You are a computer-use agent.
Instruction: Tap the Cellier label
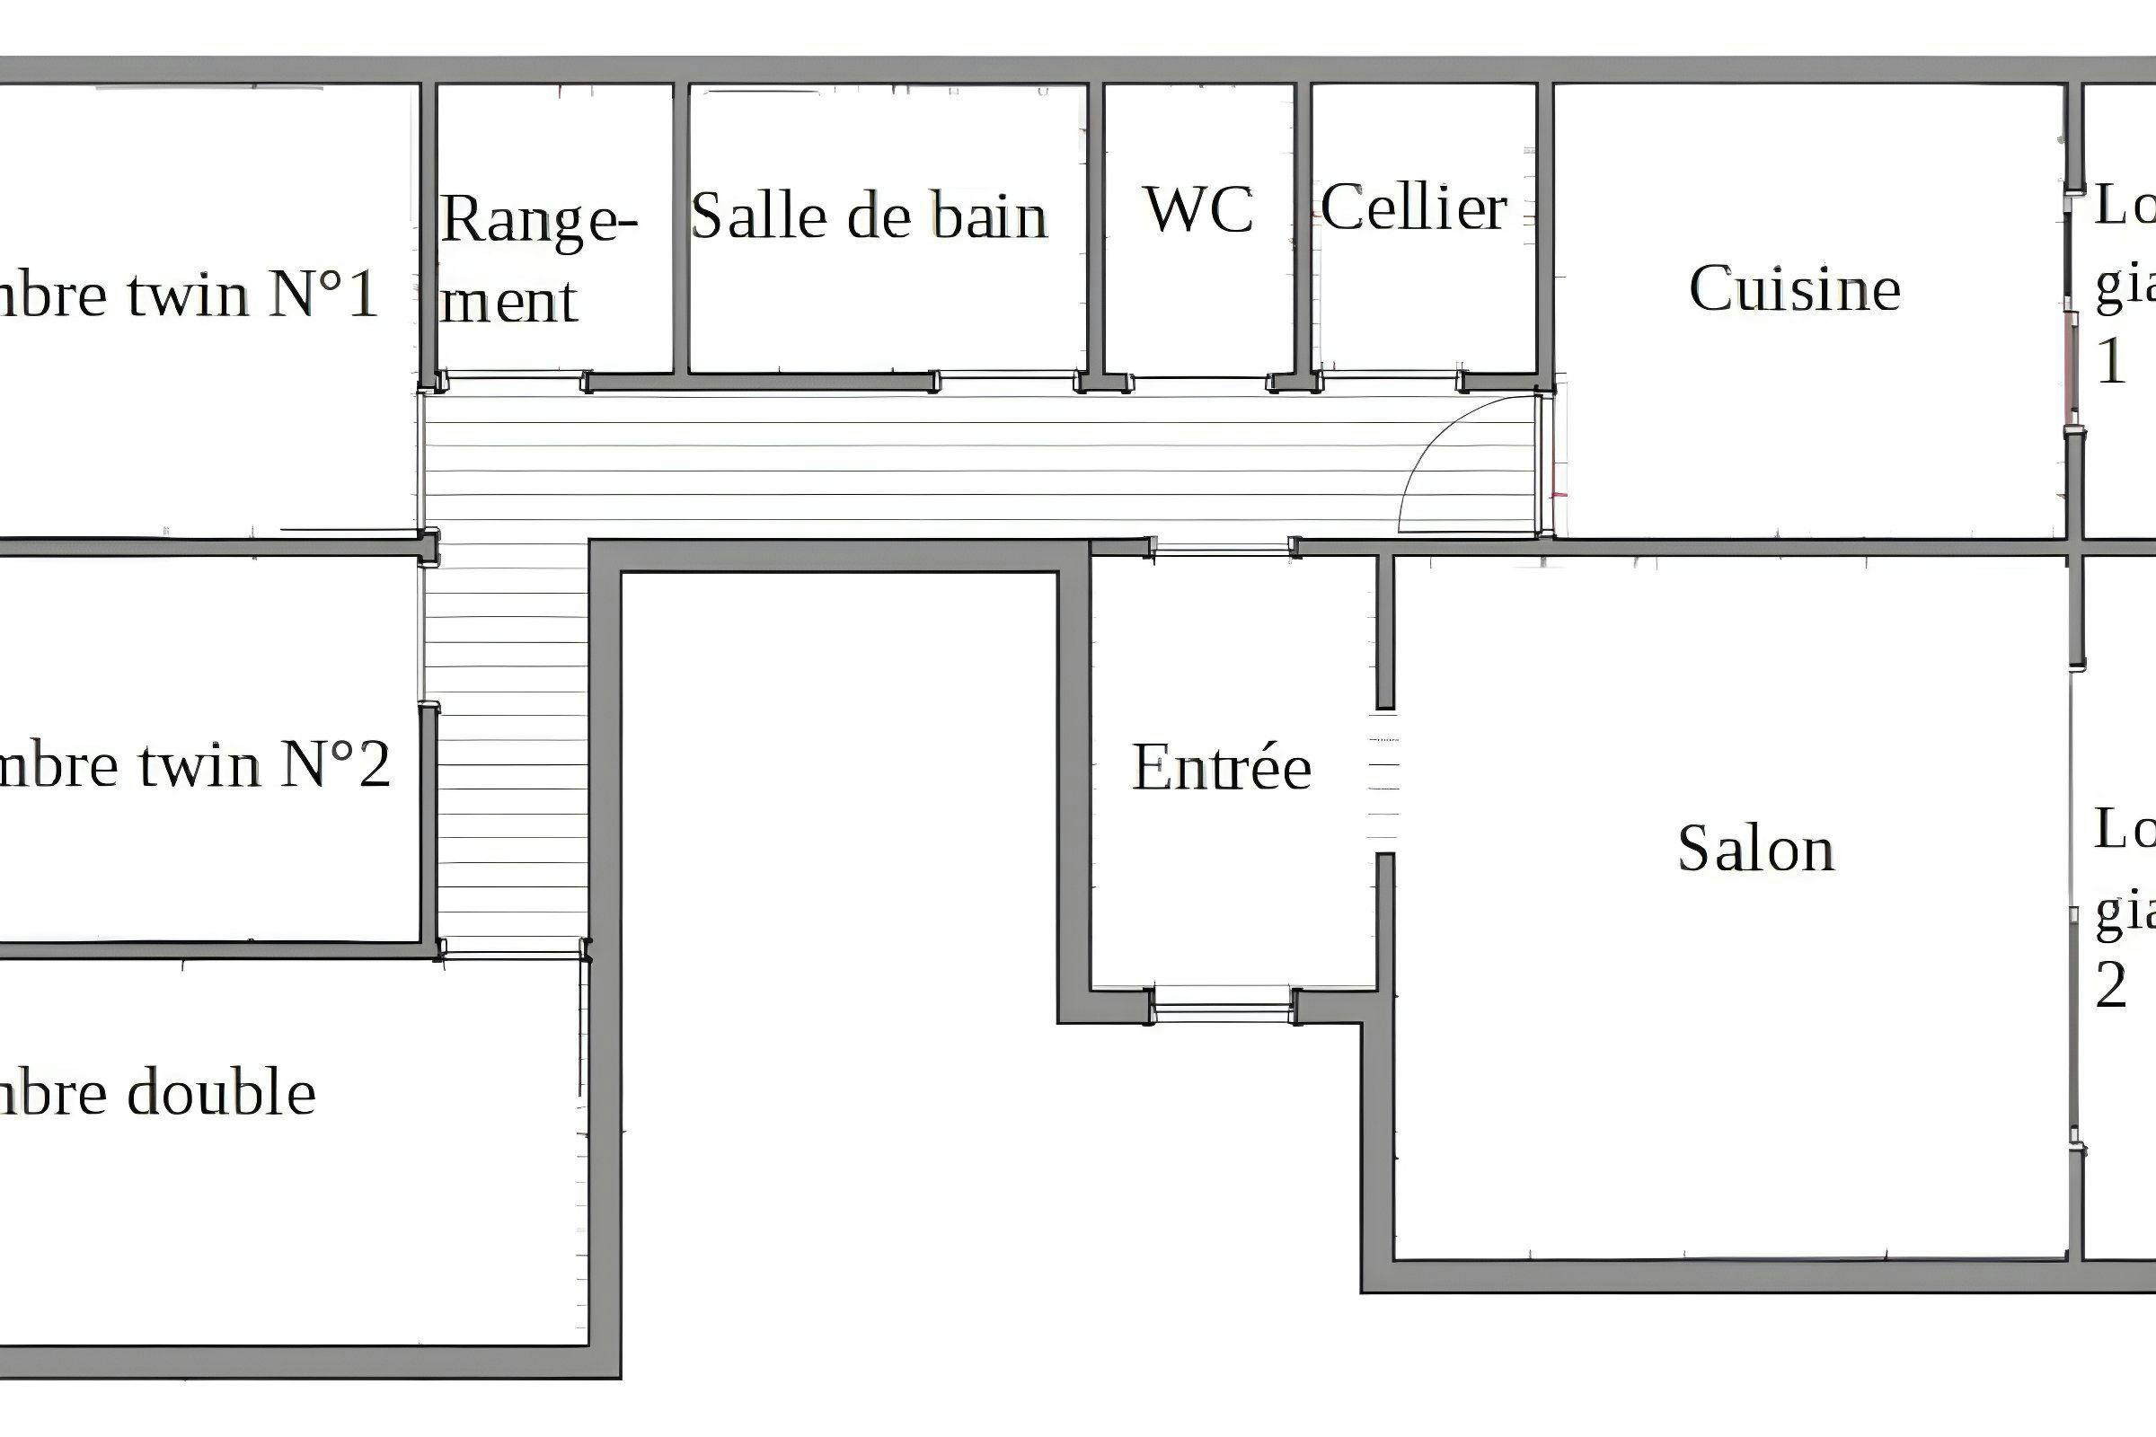click(1413, 208)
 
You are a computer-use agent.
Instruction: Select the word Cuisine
click(1795, 289)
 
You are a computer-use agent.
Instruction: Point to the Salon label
click(1756, 849)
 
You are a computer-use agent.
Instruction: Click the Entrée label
click(1221, 767)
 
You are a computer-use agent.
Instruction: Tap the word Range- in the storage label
click(539, 221)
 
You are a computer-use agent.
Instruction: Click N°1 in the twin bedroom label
click(323, 295)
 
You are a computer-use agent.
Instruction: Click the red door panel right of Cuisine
click(2070, 362)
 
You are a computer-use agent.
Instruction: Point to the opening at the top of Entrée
click(1221, 549)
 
